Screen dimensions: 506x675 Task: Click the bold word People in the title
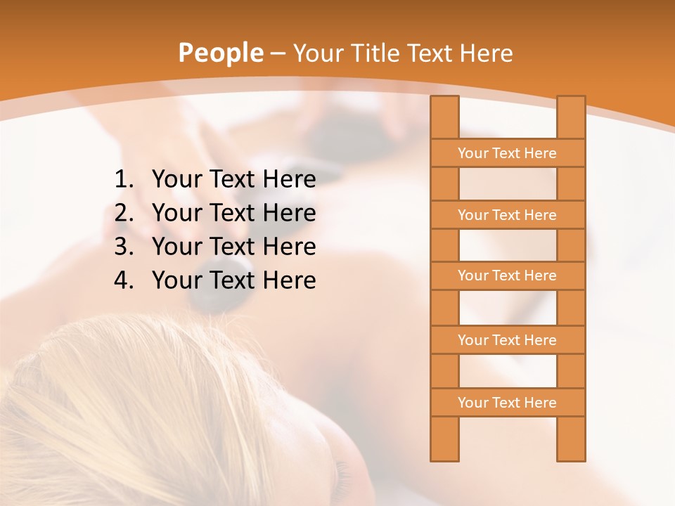(x=220, y=53)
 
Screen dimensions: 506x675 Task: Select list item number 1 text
(x=233, y=180)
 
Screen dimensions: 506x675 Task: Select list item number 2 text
(x=233, y=213)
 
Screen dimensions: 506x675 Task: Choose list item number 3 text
(x=233, y=247)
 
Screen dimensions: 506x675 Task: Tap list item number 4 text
(x=233, y=280)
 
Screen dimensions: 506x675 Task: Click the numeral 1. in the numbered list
(x=124, y=180)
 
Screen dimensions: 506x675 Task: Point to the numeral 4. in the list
(x=124, y=280)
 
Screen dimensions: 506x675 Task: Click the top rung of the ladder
(x=507, y=153)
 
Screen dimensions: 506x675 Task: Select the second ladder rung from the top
(x=507, y=215)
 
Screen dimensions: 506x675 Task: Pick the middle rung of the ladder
(x=507, y=275)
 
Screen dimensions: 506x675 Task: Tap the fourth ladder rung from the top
(x=507, y=340)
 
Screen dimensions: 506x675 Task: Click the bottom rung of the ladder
(x=507, y=403)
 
